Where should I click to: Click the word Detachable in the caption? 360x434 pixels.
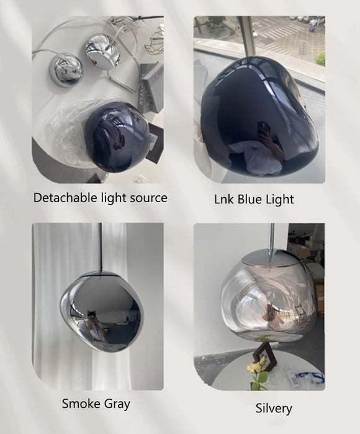61,198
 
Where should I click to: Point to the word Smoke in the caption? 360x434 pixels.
80,404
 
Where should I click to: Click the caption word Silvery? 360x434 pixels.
274,408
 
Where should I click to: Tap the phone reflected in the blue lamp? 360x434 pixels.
264,128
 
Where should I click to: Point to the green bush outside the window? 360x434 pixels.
320,59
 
